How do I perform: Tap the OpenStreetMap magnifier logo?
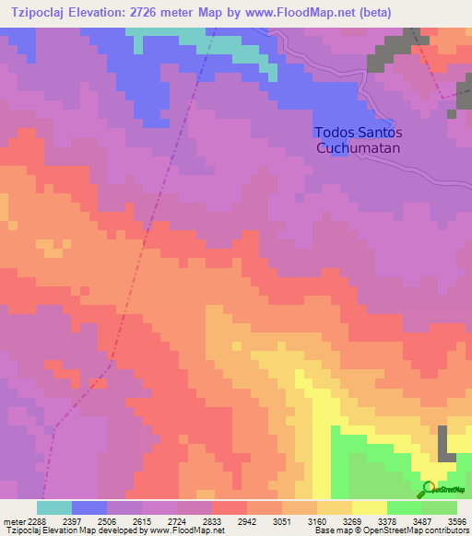(x=428, y=488)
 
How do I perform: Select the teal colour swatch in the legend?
(x=53, y=507)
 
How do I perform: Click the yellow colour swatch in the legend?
(x=370, y=507)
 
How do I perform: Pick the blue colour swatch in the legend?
(x=89, y=507)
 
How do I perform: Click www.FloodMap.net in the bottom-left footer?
(x=188, y=530)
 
